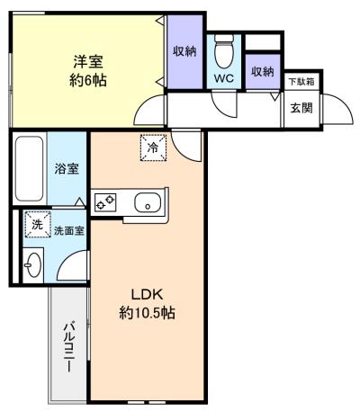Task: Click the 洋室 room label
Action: pos(88,62)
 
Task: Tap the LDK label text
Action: pos(147,295)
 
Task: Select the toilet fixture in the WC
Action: pos(224,51)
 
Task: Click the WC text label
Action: pos(224,78)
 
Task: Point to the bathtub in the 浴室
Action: pos(29,168)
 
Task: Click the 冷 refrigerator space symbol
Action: pos(153,147)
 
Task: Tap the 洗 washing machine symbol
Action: pos(38,224)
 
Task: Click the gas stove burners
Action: pos(105,201)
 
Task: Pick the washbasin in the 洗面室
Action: pos(32,265)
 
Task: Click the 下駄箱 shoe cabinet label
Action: pos(301,82)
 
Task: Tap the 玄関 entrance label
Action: pos(301,108)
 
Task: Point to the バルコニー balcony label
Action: pos(69,346)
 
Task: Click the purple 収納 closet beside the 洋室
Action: pos(184,51)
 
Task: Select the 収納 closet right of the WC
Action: pos(263,71)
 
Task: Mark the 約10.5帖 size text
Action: pos(147,314)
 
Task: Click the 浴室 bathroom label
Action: pos(67,169)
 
